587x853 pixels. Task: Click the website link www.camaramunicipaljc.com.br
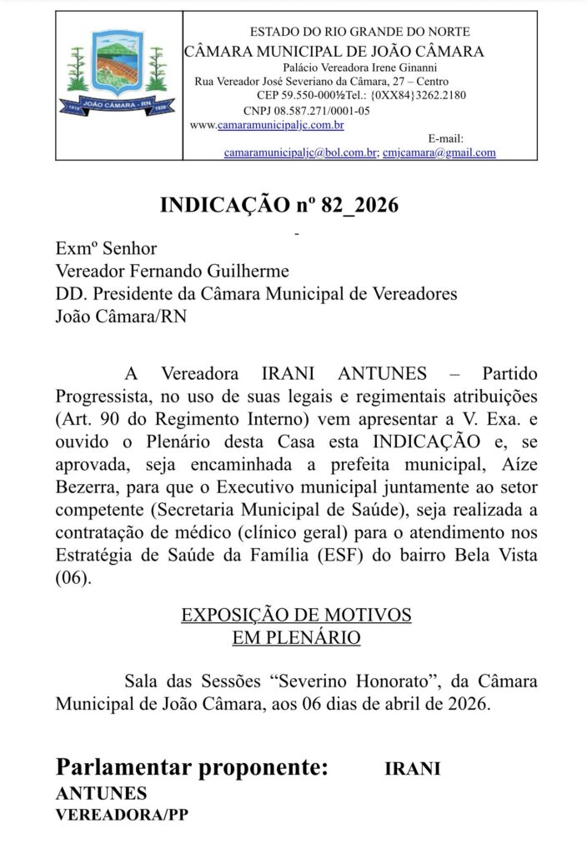pyautogui.click(x=268, y=125)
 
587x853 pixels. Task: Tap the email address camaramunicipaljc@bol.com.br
pyautogui.click(x=301, y=153)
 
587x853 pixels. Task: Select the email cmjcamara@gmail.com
pyautogui.click(x=439, y=153)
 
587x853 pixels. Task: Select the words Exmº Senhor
pyautogui.click(x=106, y=248)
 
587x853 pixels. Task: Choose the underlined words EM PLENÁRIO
pyautogui.click(x=296, y=638)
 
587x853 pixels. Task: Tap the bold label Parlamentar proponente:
pyautogui.click(x=192, y=767)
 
